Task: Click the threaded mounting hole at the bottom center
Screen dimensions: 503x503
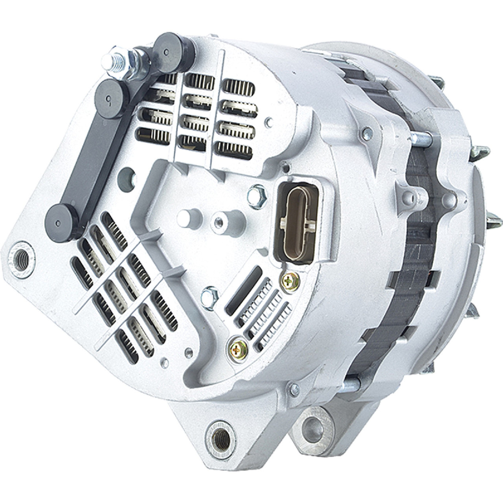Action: click(220, 435)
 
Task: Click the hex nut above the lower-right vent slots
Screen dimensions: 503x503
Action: click(209, 294)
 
